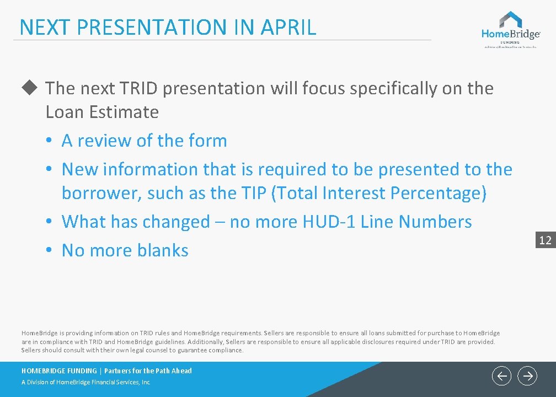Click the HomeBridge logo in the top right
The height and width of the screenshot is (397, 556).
510,29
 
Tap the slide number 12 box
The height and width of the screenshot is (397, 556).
545,240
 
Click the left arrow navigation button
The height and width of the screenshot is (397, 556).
501,376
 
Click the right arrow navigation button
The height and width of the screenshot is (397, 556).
528,376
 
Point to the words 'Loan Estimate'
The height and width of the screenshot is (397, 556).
102,112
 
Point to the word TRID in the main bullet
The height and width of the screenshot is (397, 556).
138,88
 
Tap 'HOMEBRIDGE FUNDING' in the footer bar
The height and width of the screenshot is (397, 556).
58,371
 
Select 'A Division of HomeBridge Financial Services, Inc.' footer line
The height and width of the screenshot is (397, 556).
86,382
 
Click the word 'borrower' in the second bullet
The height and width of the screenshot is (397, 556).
102,194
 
